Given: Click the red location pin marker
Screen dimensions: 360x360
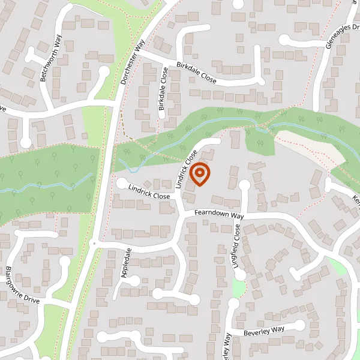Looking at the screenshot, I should (200, 173).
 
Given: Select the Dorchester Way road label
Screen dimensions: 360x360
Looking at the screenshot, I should (133, 62).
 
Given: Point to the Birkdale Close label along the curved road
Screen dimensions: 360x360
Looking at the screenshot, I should (196, 71).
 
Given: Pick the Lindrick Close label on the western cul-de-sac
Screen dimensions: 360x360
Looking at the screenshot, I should (149, 191).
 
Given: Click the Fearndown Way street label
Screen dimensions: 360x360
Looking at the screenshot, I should (218, 214).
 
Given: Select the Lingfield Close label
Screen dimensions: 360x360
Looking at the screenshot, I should (238, 246).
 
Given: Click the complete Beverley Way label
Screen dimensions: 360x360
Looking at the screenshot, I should (264, 331).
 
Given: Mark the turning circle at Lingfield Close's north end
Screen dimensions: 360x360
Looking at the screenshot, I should (244, 184).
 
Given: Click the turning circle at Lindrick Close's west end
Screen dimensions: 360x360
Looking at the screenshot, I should (122, 182).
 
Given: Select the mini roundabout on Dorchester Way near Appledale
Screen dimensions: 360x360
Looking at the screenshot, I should (94, 243).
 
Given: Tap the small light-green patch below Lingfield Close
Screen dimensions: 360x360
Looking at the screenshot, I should (239, 289).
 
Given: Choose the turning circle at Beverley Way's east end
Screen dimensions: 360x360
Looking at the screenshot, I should (314, 325).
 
